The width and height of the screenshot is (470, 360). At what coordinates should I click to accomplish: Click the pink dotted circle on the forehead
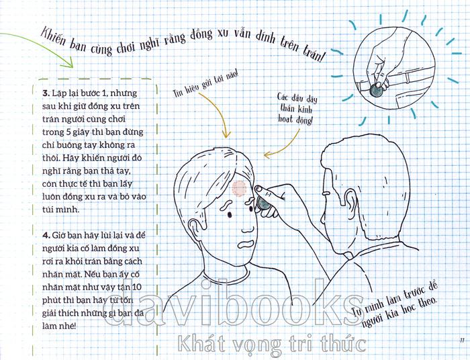[239, 189]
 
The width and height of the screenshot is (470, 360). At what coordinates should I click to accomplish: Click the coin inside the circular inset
[376, 90]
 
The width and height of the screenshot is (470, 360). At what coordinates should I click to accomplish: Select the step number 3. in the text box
[46, 93]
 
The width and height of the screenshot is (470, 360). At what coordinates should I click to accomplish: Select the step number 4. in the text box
[46, 235]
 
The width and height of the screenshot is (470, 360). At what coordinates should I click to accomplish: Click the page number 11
[462, 341]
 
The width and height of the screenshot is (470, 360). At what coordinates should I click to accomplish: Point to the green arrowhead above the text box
[68, 62]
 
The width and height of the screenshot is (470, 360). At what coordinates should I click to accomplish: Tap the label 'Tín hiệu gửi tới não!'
[205, 84]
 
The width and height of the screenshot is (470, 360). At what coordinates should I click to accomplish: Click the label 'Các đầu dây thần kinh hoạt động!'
[296, 109]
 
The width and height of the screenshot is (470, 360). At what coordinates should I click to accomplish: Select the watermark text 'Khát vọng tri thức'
[271, 343]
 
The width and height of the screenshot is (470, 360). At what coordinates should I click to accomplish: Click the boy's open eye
[230, 215]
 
